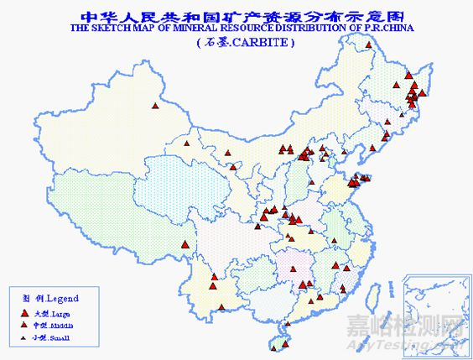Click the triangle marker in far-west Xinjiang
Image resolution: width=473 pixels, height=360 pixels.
click(x=154, y=106)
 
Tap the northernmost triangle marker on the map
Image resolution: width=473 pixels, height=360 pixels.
click(x=369, y=45)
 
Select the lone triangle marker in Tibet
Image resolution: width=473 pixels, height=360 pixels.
click(x=184, y=245)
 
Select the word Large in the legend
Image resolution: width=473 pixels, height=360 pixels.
click(x=62, y=310)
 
